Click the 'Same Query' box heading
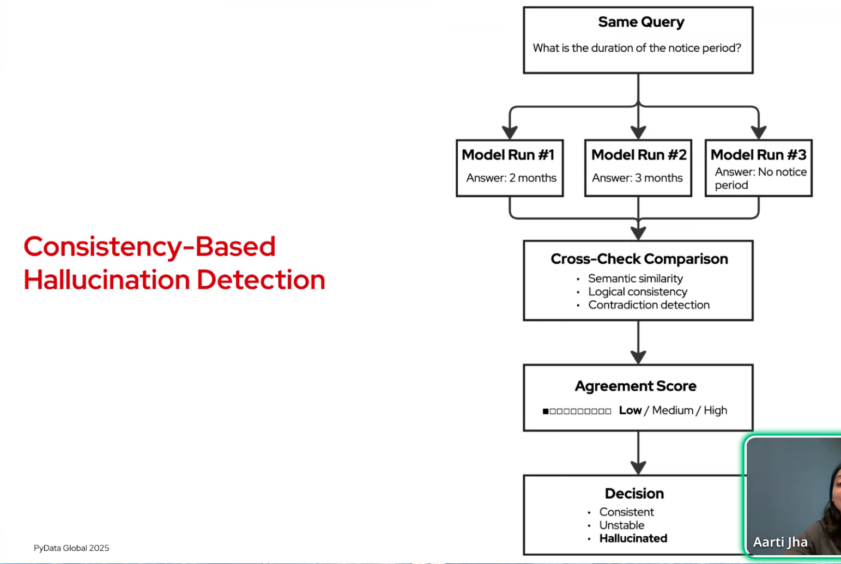coord(641,22)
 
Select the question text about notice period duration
coord(637,48)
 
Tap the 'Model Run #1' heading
coord(508,155)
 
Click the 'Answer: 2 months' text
coord(511,178)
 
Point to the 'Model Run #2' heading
coord(639,155)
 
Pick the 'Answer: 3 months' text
coord(637,178)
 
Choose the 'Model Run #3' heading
coord(758,155)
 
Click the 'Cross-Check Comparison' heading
coord(639,259)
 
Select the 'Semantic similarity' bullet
coord(635,278)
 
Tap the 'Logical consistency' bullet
coord(637,292)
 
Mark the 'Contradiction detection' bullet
coord(649,305)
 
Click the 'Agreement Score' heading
coord(636,386)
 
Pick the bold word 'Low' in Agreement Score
coord(630,410)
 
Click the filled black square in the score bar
coord(546,411)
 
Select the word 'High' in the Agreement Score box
coord(715,410)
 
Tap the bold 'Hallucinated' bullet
coord(633,538)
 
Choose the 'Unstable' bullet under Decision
coord(621,525)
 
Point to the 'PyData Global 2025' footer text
coord(71,548)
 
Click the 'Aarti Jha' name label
coord(780,542)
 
